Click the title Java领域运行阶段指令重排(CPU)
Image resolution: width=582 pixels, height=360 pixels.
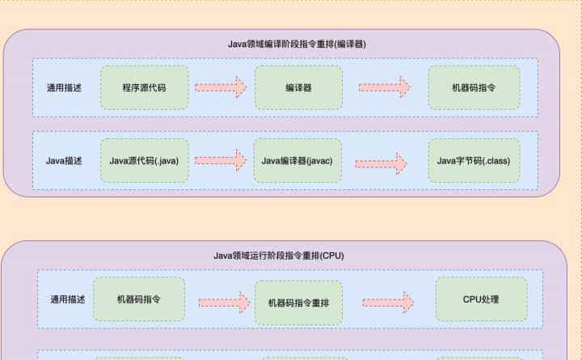pos(279,256)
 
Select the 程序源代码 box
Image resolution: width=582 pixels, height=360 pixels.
pos(145,87)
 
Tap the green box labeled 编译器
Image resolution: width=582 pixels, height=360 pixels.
pos(298,87)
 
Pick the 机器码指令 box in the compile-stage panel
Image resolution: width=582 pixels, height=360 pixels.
pos(474,87)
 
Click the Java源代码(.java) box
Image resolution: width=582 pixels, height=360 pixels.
pos(144,161)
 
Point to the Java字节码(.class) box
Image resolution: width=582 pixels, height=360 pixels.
pos(474,161)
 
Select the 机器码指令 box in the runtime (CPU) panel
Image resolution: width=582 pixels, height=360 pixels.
pos(139,299)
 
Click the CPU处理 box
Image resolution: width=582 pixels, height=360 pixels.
pos(481,299)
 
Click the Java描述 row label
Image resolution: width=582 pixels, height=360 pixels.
pos(64,161)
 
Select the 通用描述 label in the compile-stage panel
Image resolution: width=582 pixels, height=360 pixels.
pos(64,87)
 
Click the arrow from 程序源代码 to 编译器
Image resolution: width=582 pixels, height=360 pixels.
pos(221,87)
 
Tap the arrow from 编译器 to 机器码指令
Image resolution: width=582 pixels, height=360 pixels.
pos(384,87)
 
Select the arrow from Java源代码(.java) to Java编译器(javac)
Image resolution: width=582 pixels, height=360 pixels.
pos(221,160)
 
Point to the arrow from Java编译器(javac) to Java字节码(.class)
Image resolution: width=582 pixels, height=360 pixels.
pos(384,160)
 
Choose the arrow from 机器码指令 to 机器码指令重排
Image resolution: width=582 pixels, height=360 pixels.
pos(224,303)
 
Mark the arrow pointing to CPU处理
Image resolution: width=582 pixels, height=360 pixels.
pos(387,303)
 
